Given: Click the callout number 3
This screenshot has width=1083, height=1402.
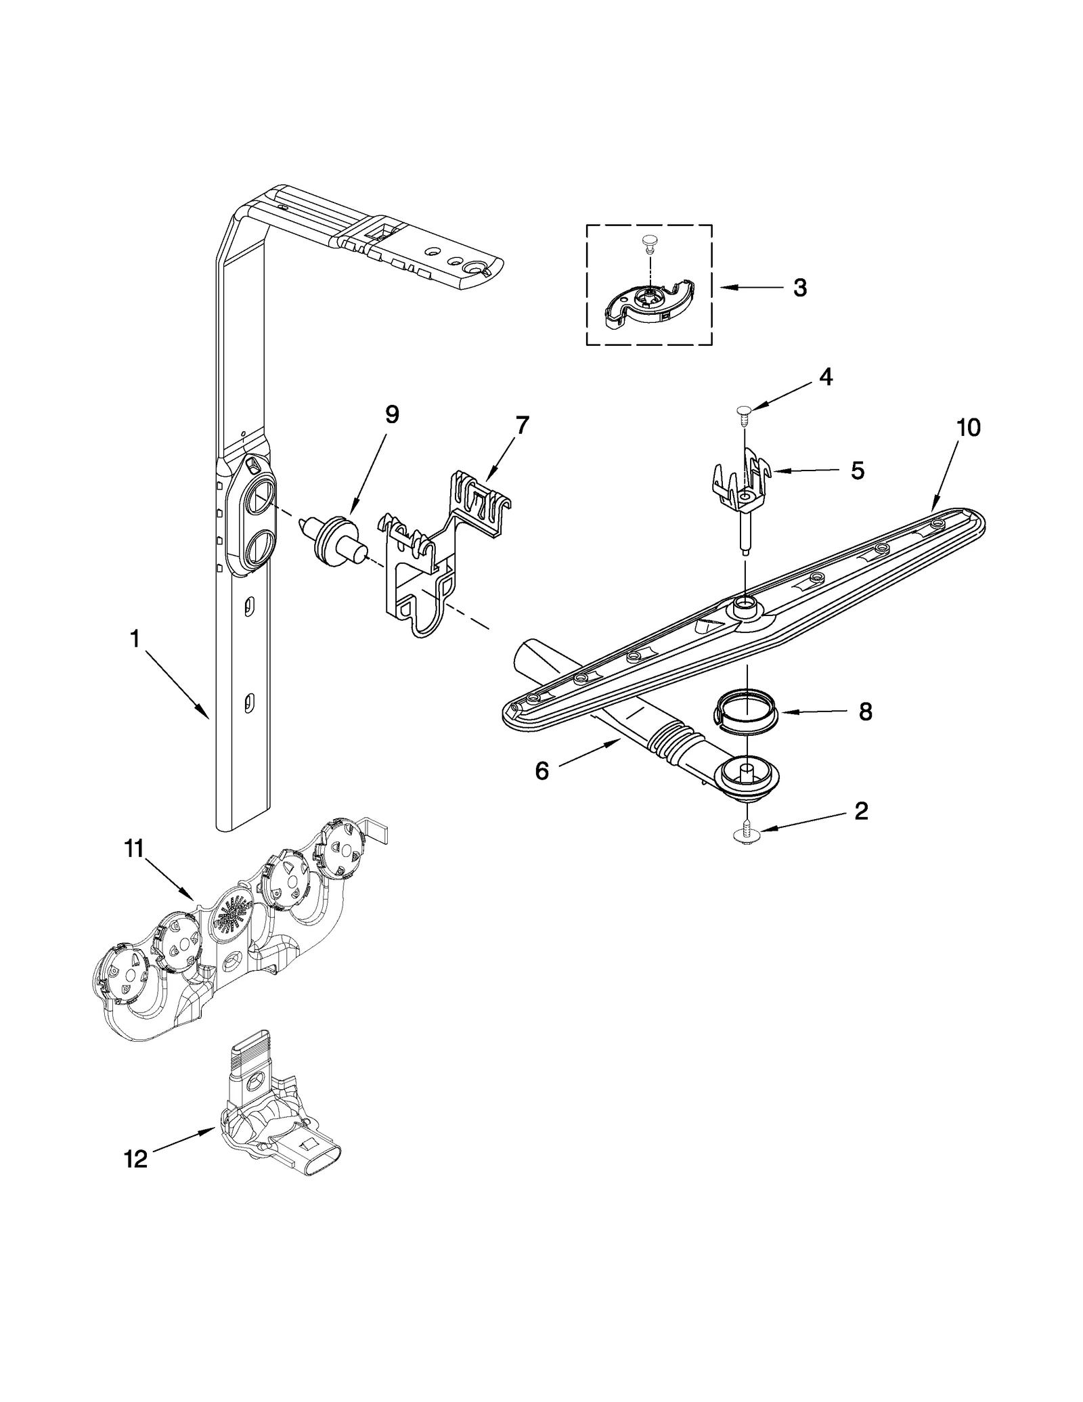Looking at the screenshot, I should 799,288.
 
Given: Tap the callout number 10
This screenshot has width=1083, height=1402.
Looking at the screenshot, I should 969,428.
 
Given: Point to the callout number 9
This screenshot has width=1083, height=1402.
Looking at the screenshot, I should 392,414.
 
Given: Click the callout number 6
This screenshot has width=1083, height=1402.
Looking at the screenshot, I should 541,771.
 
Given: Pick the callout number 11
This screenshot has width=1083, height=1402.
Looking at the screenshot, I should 134,849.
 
